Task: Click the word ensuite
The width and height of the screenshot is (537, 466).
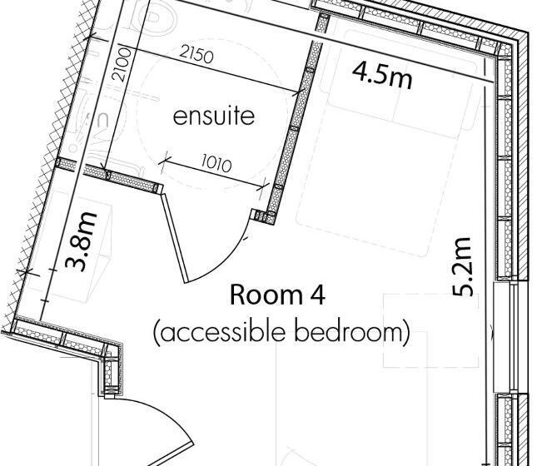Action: [x=214, y=116]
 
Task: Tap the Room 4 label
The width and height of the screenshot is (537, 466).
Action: [x=277, y=295]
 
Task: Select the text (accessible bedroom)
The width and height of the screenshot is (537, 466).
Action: [x=281, y=333]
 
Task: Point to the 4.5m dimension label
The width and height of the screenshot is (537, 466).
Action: [x=382, y=76]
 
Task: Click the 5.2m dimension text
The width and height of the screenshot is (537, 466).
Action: [x=463, y=267]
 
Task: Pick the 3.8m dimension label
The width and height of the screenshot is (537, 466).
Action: [x=81, y=242]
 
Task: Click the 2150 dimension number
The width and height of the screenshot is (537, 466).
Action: [x=196, y=55]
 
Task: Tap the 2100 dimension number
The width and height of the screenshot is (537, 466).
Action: [x=122, y=65]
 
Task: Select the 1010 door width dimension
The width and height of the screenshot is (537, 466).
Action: [x=216, y=164]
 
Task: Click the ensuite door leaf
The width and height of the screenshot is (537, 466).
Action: [x=175, y=238]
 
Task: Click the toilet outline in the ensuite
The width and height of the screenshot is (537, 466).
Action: [x=162, y=17]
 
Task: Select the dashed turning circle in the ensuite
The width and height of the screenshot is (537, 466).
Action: [x=211, y=116]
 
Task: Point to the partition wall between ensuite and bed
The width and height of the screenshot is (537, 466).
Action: [x=296, y=133]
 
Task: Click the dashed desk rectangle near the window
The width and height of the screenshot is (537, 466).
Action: [x=430, y=330]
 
